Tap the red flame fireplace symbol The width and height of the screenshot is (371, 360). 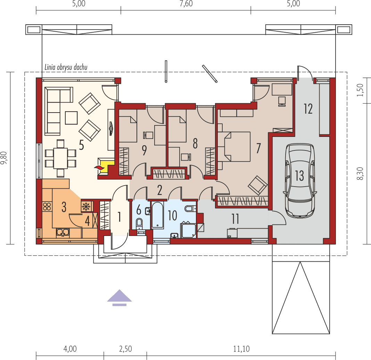click(x=99, y=167)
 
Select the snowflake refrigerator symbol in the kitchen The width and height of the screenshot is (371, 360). click(x=86, y=206)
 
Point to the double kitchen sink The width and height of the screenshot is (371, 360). click(x=63, y=232)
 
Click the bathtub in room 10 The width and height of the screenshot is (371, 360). click(x=157, y=215)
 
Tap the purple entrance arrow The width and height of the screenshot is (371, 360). click(x=119, y=297)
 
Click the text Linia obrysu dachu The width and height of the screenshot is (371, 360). click(x=66, y=67)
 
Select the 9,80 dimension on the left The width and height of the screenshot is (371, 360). click(x=4, y=158)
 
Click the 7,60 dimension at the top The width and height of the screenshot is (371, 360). click(x=186, y=4)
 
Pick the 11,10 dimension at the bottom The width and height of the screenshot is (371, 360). click(x=241, y=349)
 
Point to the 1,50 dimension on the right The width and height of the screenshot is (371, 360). click(x=360, y=90)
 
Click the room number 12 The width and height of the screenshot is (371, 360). click(x=308, y=109)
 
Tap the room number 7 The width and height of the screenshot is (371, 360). click(x=258, y=148)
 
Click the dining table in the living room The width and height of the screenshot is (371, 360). click(x=60, y=158)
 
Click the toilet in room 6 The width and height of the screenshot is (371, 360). click(x=139, y=223)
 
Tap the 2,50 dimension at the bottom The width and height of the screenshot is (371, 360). click(x=125, y=349)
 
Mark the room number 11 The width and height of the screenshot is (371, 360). click(x=235, y=219)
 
